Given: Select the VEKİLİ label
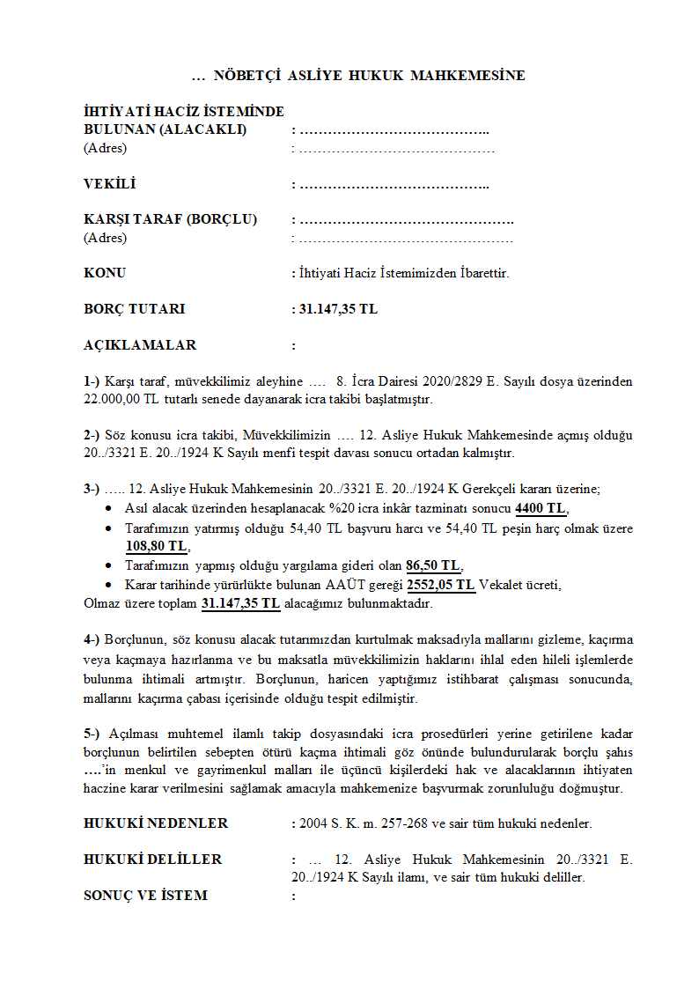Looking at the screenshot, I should click(110, 185).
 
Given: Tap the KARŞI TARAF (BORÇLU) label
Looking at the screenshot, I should click(170, 220).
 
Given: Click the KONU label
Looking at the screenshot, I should click(105, 273).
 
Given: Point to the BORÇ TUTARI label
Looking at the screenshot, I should click(134, 309).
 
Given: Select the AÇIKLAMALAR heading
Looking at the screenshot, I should click(140, 345).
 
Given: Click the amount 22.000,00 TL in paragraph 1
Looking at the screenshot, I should click(121, 399).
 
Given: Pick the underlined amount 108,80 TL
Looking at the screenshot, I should click(157, 547).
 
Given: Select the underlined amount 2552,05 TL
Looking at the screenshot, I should click(441, 585).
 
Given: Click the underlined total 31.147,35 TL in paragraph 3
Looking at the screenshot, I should click(240, 603).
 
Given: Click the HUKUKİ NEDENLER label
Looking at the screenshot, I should click(156, 823).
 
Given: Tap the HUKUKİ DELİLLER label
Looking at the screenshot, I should click(153, 860).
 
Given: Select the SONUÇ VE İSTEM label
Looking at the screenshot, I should click(145, 896).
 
